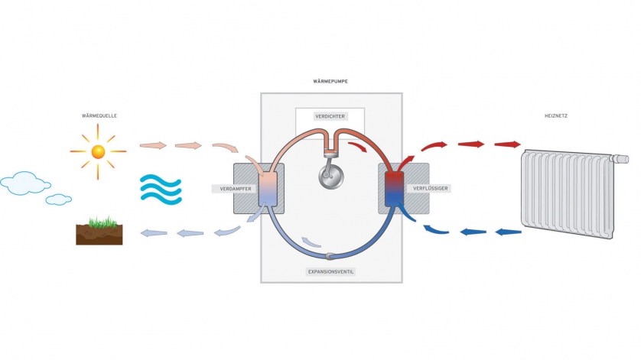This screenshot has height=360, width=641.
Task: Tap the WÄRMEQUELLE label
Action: (x=99, y=116)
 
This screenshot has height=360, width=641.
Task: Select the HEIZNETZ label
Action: (x=556, y=116)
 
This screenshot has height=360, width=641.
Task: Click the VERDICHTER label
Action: (x=330, y=117)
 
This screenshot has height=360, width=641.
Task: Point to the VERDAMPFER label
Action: (x=231, y=188)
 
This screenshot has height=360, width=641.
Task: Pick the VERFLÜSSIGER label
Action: (x=431, y=188)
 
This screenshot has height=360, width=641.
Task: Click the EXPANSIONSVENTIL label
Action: (x=331, y=271)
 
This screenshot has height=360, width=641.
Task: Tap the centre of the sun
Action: (x=98, y=151)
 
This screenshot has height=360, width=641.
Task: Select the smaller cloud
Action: (x=59, y=199)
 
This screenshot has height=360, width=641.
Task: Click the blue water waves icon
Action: (x=161, y=187)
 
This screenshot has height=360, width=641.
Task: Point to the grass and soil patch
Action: (x=99, y=231)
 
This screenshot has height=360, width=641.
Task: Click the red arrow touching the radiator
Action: (x=507, y=144)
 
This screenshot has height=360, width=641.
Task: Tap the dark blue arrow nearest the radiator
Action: (x=506, y=231)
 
